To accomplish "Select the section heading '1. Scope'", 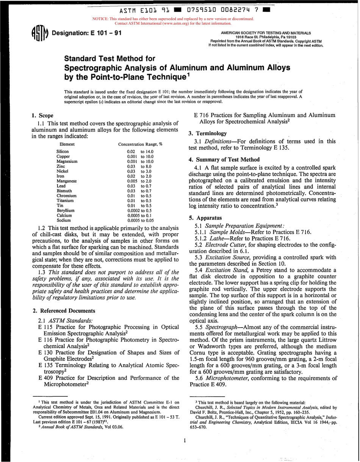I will click(x=42, y=115).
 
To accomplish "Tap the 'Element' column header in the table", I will click(x=67, y=144).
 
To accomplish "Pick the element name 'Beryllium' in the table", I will click(x=66, y=210).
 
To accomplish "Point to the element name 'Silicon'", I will click(x=63, y=151).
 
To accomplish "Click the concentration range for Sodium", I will click(x=141, y=220).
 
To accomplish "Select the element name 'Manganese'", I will click(x=67, y=181).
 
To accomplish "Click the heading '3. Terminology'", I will click(x=208, y=133).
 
